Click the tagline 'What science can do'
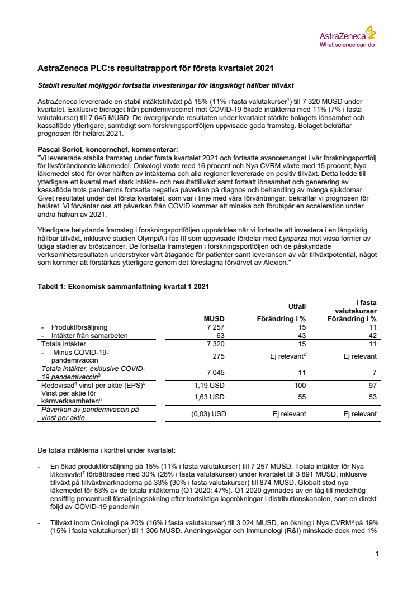pyautogui.click(x=347, y=44)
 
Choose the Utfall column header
pyautogui.click(x=297, y=307)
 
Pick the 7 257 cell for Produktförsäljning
pyautogui.click(x=213, y=327)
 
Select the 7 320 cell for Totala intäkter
pyautogui.click(x=213, y=344)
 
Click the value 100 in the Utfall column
pyautogui.click(x=301, y=385)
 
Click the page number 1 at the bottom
pyautogui.click(x=378, y=554)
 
